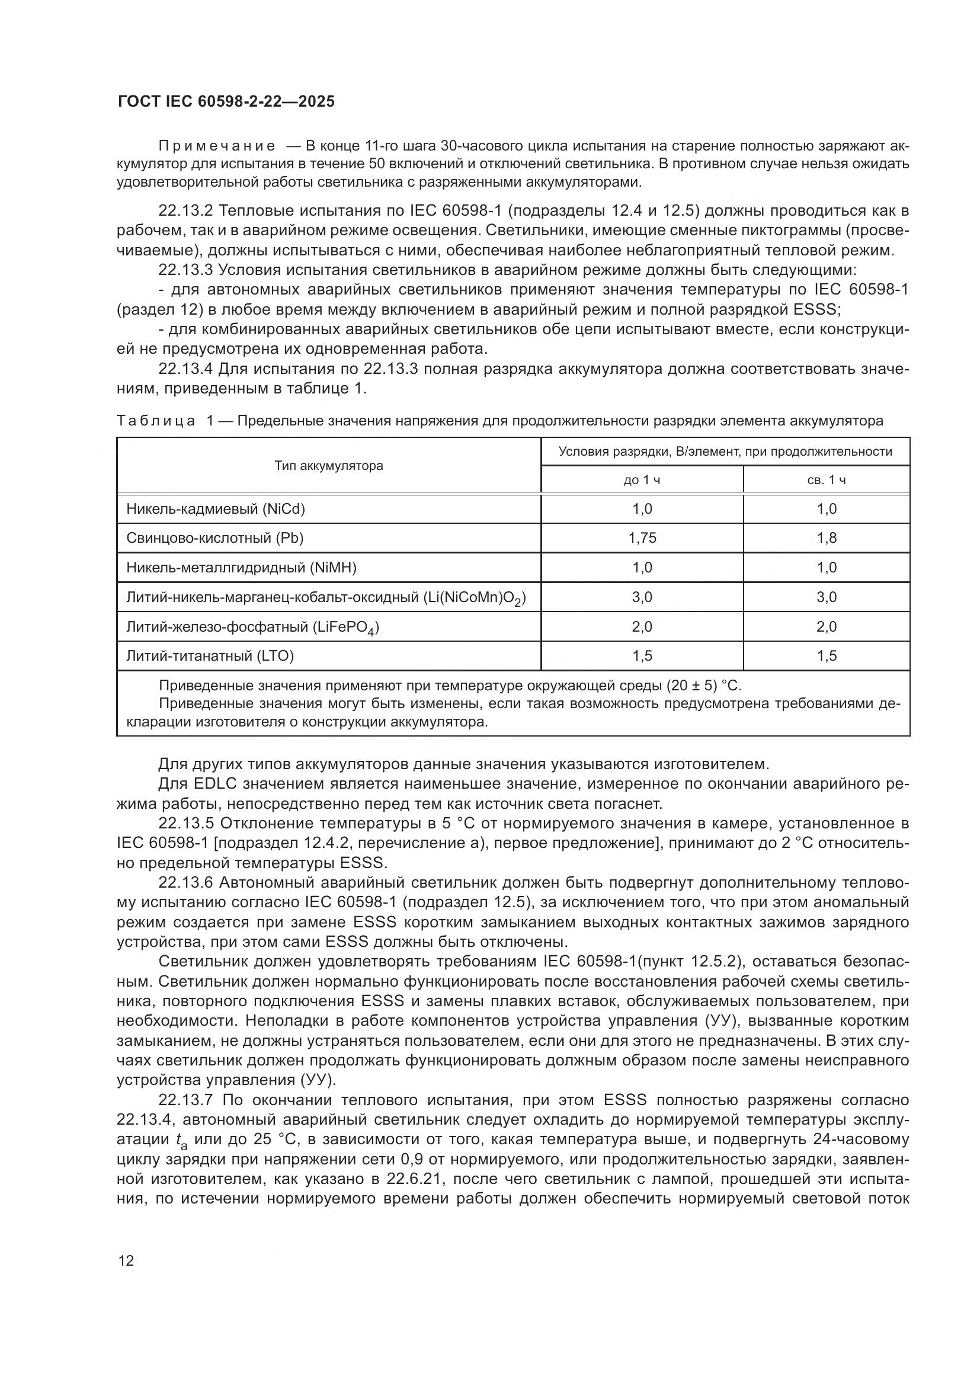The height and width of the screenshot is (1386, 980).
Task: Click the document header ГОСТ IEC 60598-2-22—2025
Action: pyautogui.click(x=226, y=101)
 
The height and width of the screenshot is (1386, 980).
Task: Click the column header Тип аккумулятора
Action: pyautogui.click(x=328, y=465)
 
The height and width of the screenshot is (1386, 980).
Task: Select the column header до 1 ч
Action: pyautogui.click(x=642, y=480)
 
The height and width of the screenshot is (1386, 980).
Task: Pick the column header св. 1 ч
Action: pyautogui.click(x=826, y=480)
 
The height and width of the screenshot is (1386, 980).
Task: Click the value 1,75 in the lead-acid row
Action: pyautogui.click(x=642, y=538)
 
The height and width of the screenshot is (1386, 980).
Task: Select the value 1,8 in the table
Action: pyautogui.click(x=826, y=538)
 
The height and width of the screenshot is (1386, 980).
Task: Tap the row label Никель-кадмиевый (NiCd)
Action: pyautogui.click(x=216, y=509)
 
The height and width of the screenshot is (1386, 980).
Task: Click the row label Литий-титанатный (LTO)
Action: pyautogui.click(x=209, y=655)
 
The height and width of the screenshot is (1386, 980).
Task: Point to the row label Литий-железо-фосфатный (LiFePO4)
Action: pyautogui.click(x=252, y=627)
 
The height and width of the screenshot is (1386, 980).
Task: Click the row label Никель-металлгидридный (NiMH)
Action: pyautogui.click(x=241, y=568)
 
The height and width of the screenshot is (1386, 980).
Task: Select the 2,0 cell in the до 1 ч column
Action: pyautogui.click(x=642, y=626)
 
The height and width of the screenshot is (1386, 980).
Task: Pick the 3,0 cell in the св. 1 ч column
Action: pyautogui.click(x=826, y=597)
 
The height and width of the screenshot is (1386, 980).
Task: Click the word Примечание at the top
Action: pyautogui.click(x=217, y=146)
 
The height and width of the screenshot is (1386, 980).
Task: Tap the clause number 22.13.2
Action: pyautogui.click(x=185, y=211)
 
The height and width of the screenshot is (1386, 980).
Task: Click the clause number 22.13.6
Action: pyautogui.click(x=185, y=883)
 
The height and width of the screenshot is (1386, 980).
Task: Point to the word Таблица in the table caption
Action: pyautogui.click(x=156, y=421)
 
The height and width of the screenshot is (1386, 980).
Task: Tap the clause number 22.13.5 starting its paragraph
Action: pyautogui.click(x=185, y=824)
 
